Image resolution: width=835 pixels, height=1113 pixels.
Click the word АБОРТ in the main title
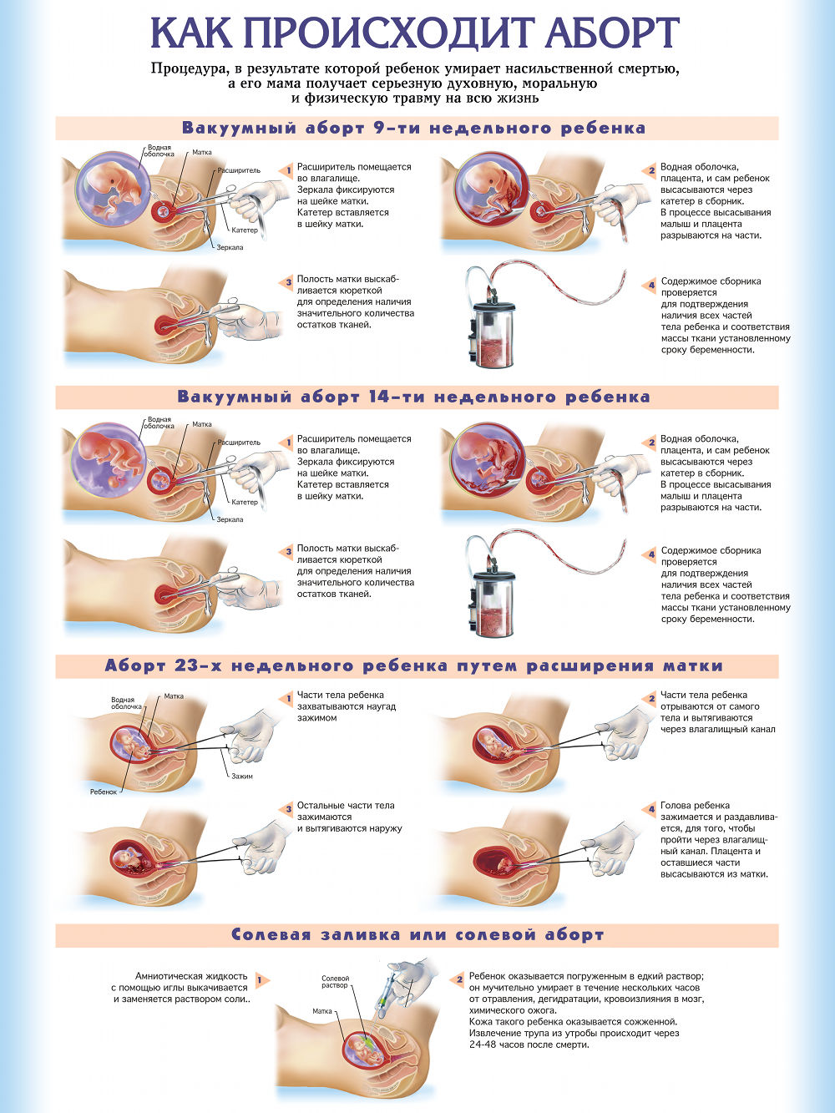click(614, 33)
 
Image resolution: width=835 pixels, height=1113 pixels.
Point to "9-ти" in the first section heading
click(394, 128)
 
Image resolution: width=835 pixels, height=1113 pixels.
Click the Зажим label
click(242, 776)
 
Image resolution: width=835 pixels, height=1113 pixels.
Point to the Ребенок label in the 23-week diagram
click(104, 792)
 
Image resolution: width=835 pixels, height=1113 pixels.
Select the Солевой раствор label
click(336, 982)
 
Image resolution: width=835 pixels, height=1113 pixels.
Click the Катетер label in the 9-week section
click(245, 230)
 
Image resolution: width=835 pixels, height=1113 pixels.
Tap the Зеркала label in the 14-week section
click(230, 519)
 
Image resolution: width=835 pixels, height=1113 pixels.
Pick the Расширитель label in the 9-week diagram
click(239, 171)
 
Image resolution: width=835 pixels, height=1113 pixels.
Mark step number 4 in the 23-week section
click(651, 810)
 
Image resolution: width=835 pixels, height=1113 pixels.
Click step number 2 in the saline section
click(460, 979)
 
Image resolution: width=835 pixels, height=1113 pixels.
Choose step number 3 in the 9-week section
click(289, 283)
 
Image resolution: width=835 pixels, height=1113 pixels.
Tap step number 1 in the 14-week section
click(289, 443)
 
